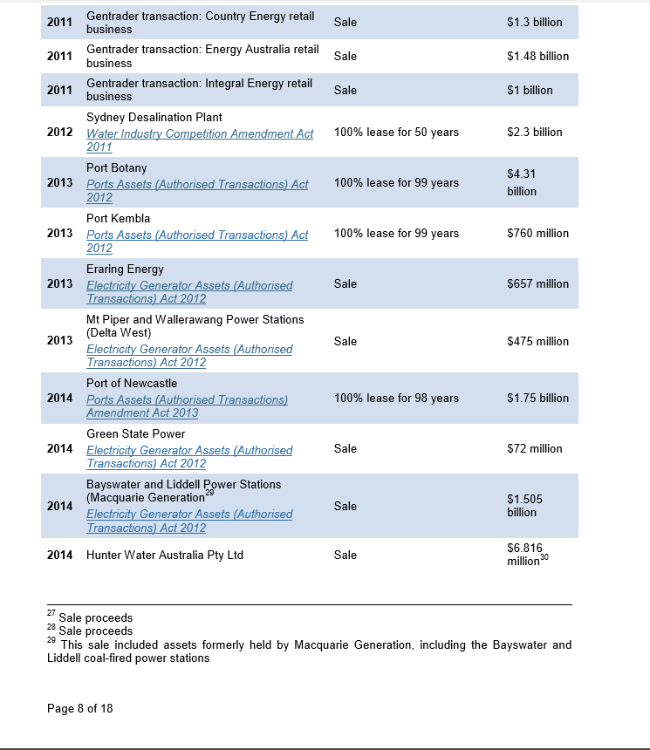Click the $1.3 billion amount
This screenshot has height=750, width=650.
(534, 22)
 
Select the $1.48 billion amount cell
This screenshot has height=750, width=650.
(537, 56)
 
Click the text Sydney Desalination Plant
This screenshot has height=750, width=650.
(154, 117)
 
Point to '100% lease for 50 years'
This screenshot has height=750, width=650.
(396, 132)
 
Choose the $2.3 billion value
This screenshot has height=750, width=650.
(534, 132)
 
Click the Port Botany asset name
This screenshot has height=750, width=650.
(116, 167)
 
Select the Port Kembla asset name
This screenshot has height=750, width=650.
(118, 218)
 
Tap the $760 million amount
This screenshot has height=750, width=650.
(537, 233)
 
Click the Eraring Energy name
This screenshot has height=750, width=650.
(125, 269)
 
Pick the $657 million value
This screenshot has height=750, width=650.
(537, 283)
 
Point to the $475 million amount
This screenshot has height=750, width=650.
(537, 341)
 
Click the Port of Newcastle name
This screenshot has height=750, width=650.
(131, 383)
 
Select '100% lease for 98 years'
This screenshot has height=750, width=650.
(396, 398)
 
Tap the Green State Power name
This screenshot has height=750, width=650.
(135, 433)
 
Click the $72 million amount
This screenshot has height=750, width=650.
(534, 448)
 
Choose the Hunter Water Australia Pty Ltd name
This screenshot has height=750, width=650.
(164, 555)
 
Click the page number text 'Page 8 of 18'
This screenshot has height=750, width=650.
(79, 708)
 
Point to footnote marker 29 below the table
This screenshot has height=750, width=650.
(51, 640)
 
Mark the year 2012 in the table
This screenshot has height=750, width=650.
(59, 132)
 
